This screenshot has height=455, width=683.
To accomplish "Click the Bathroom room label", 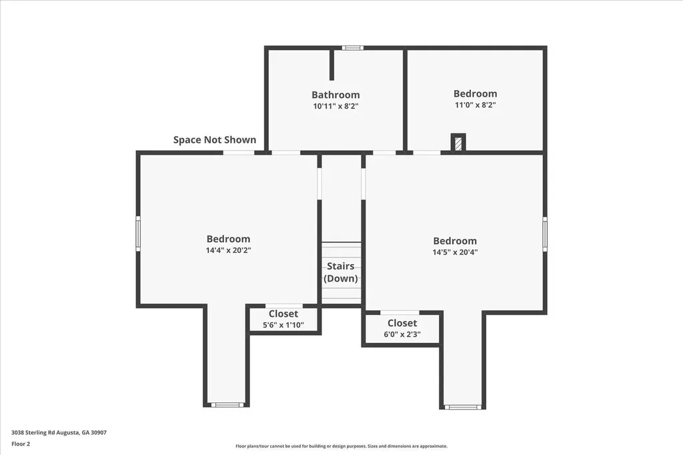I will coord(335,95).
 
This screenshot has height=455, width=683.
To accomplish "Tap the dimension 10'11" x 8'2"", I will coord(335,106).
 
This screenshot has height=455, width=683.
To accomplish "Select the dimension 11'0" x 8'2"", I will coord(475,105).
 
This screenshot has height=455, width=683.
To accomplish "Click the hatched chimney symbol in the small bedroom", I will coord(458,143).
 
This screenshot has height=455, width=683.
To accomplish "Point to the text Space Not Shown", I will coord(214,139).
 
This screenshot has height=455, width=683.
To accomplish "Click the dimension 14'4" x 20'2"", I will coord(228,250).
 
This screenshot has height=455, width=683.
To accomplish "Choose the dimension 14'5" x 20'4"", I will coord(455,252).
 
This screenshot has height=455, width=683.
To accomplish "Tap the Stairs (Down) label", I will coord(341,272).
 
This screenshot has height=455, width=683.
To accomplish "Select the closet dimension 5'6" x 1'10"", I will coord(283,325).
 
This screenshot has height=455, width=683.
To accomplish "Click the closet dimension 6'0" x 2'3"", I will coord(402,335).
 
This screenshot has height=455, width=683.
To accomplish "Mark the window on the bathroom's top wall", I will coord(353,47).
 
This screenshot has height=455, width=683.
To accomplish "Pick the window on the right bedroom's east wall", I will coord(545,234).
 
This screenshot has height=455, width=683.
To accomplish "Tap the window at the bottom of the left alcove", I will coord(227,404).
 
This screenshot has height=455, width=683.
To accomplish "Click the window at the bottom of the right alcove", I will coord(462,406).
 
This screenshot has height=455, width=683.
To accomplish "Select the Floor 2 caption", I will coord(21,443).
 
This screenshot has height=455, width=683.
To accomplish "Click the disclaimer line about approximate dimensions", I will coord(341,446).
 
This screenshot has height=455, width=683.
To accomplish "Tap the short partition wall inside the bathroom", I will coord(331,65).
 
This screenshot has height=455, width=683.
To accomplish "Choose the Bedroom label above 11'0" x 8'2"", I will coord(475,93).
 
